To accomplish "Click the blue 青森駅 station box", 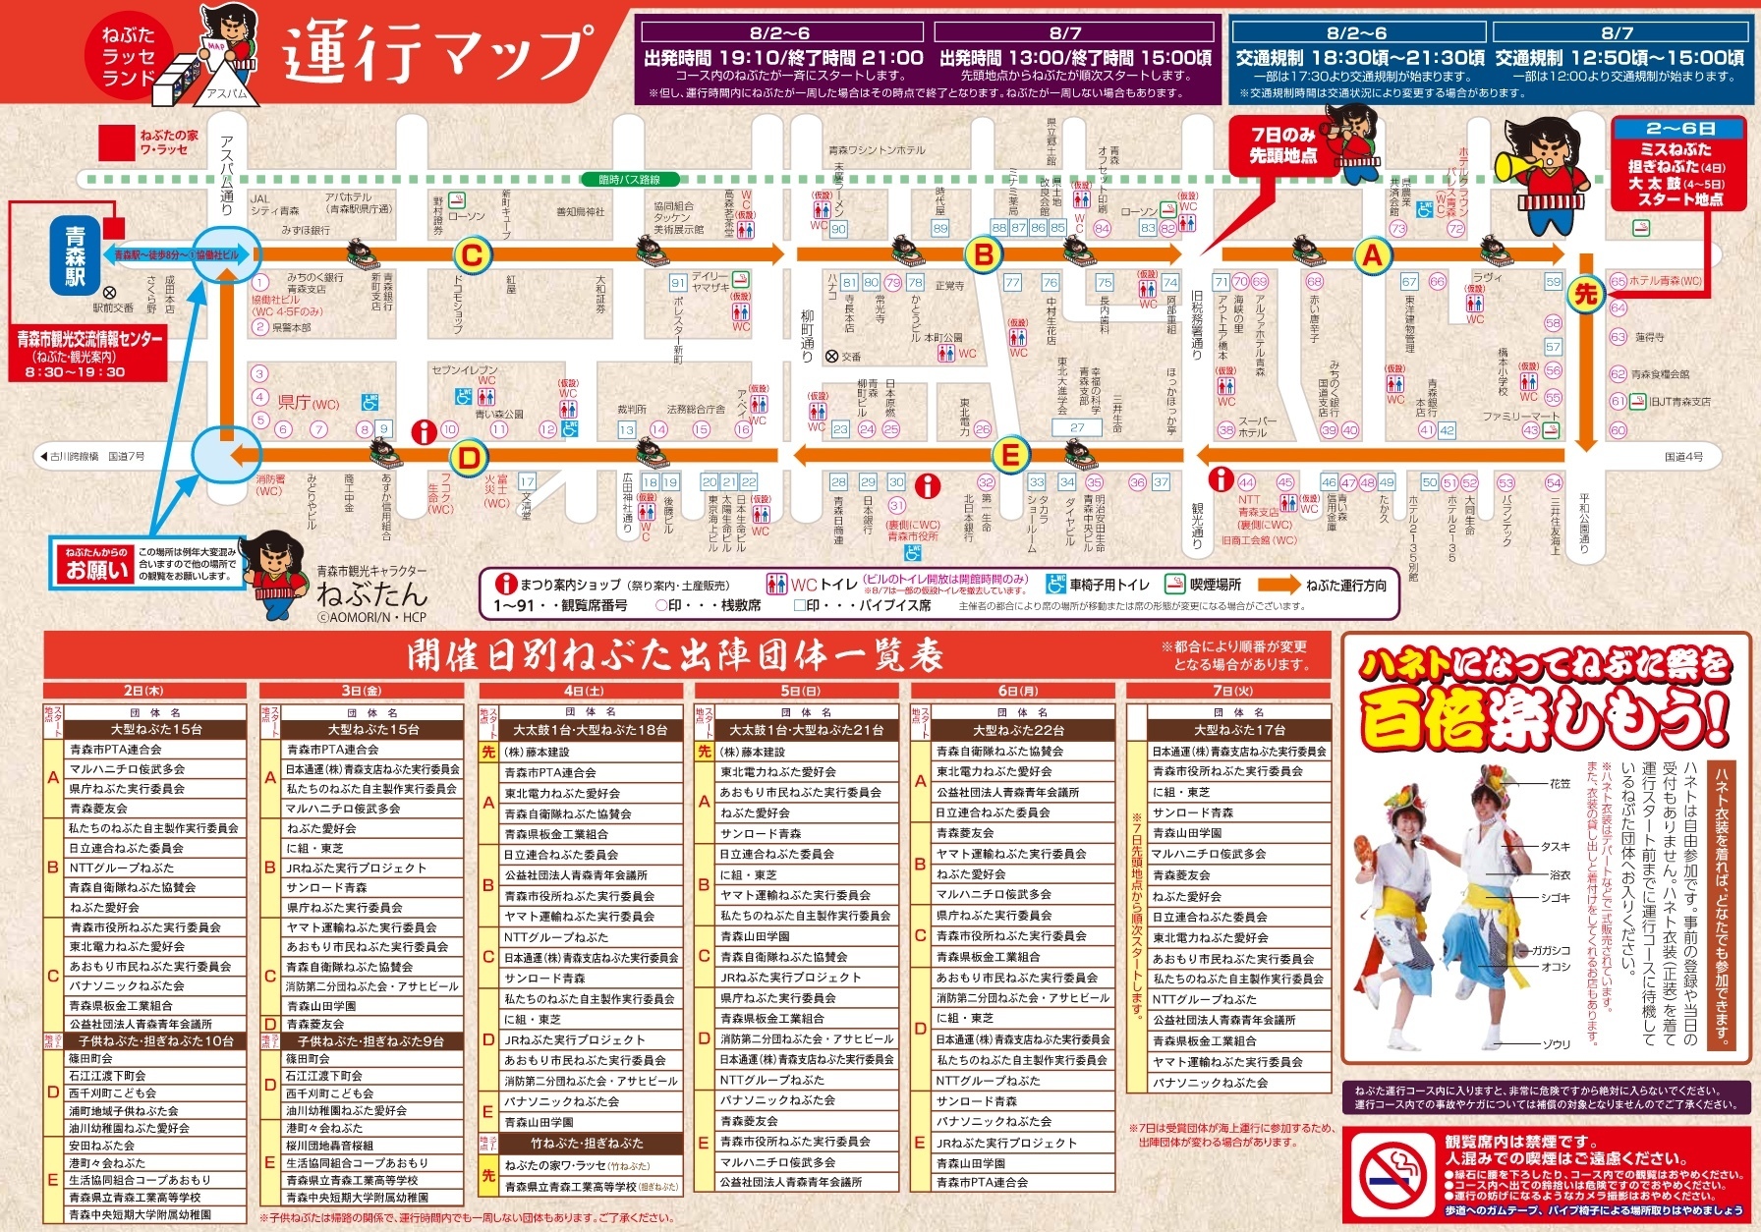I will tap(76, 255).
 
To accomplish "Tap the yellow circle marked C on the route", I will tap(472, 256).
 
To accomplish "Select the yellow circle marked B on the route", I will tap(984, 255).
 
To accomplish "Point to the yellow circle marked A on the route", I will tap(1372, 255).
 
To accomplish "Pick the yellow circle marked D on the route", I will tap(469, 457).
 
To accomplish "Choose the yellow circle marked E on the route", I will tap(1009, 455).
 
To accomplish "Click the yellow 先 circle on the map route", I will tap(1585, 294).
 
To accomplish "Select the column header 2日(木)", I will tap(144, 691).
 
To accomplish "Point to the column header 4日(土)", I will tap(581, 691).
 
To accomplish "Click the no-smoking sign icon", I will tap(1394, 1176).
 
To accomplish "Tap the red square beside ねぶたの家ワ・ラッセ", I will tap(117, 142).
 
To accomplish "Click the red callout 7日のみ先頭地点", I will tap(1282, 144).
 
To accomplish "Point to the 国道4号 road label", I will tap(1683, 457).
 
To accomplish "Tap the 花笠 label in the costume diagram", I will tap(1560, 784).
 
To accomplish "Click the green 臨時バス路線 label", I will tap(630, 180).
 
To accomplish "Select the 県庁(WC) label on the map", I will tap(308, 402).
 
